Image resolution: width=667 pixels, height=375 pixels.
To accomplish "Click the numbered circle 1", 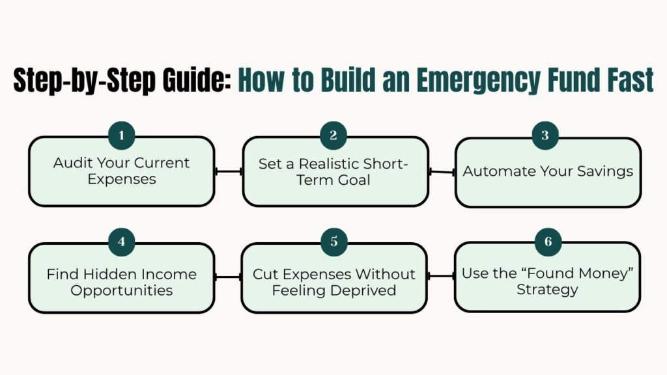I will coord(122,135).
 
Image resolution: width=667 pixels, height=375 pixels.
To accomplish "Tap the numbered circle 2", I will coord(333,135).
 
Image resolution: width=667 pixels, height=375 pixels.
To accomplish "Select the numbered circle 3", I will coord(546,135).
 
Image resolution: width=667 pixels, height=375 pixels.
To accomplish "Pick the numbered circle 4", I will coord(122,242).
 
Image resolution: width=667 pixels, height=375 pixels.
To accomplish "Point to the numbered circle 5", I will coord(333,242).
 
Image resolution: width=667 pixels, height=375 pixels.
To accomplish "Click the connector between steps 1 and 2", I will coord(228,171).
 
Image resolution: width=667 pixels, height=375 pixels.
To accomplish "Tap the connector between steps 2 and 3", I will coord(442,172).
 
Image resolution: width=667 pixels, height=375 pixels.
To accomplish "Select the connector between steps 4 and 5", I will coord(228,277).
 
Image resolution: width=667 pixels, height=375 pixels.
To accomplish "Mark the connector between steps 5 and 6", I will coord(442,276).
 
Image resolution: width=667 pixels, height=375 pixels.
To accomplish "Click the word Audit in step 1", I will coord(72,163).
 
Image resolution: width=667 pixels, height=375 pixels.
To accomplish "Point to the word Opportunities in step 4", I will coord(121,290).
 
